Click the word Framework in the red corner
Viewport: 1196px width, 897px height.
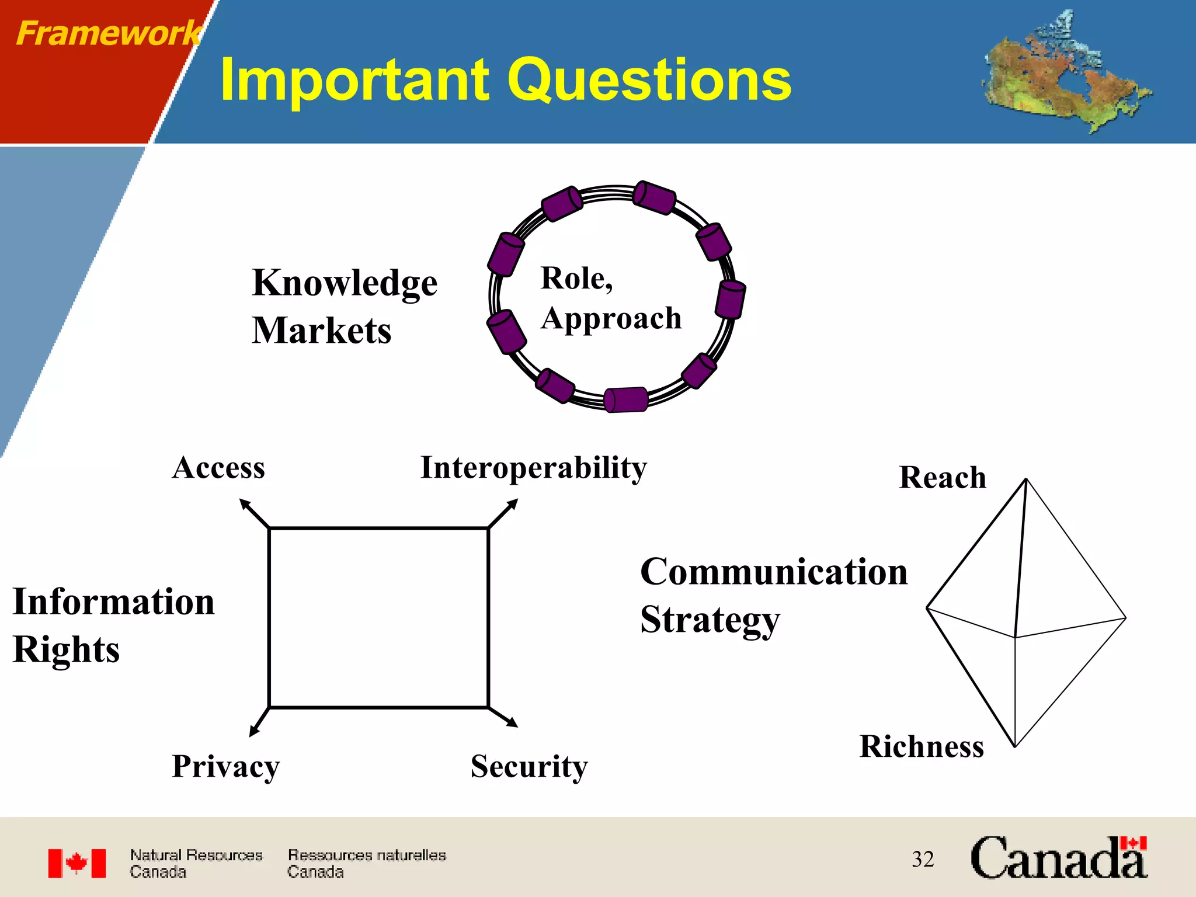[x=108, y=33]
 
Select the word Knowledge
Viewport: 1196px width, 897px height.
[x=345, y=283]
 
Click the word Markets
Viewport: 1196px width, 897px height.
[x=321, y=331]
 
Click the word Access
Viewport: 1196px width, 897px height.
[x=218, y=468]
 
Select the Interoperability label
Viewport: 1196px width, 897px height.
[x=533, y=468]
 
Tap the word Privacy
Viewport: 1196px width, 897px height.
[x=225, y=766]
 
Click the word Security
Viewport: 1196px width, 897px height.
[x=529, y=766]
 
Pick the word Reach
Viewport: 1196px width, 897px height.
[x=942, y=478]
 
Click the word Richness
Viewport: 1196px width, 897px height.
[x=922, y=747]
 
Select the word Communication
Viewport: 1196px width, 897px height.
[x=774, y=572]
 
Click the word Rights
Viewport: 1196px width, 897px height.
[x=66, y=650]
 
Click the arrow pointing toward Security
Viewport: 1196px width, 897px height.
[x=503, y=717]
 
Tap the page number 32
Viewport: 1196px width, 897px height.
[x=923, y=859]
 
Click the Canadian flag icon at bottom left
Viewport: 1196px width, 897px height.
[x=77, y=863]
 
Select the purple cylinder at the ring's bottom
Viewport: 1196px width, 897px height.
[x=625, y=400]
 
